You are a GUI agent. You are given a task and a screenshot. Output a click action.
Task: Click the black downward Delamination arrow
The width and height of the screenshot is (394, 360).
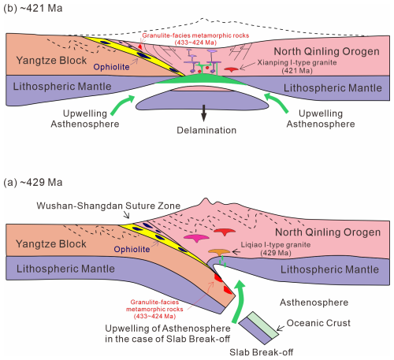pyautogui.click(x=204, y=113)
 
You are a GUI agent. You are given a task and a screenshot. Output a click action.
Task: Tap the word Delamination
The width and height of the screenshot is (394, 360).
pyautogui.click(x=206, y=130)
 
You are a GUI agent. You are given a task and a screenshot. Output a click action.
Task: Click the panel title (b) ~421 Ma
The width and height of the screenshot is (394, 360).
pyautogui.click(x=33, y=8)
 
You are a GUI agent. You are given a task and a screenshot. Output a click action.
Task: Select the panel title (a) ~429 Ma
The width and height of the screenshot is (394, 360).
pyautogui.click(x=33, y=182)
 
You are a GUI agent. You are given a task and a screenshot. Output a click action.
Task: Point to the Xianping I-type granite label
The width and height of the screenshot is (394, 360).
pyautogui.click(x=297, y=66)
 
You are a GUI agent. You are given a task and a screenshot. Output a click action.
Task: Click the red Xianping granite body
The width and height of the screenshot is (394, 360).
pyautogui.click(x=232, y=69)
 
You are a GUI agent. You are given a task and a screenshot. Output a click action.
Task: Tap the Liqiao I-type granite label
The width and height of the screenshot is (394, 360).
pyautogui.click(x=276, y=249)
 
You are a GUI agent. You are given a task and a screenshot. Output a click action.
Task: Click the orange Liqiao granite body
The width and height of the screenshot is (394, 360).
pyautogui.click(x=219, y=252)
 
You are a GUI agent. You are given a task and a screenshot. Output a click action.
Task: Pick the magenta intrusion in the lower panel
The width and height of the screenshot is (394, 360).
pyautogui.click(x=196, y=238)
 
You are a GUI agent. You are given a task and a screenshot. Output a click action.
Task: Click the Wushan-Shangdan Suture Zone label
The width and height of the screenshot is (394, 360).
pyautogui.click(x=109, y=206)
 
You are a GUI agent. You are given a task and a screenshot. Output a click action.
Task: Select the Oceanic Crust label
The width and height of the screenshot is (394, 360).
pyautogui.click(x=318, y=323)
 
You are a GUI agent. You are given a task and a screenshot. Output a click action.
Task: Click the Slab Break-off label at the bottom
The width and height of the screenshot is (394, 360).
pyautogui.click(x=261, y=352)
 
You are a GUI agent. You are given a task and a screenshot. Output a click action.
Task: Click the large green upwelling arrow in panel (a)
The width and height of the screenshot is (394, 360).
pyautogui.click(x=239, y=301)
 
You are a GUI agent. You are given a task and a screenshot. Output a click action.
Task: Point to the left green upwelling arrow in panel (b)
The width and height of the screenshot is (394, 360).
pyautogui.click(x=121, y=104)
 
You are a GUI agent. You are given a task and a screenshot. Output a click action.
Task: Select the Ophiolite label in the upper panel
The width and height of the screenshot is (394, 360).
pyautogui.click(x=111, y=67)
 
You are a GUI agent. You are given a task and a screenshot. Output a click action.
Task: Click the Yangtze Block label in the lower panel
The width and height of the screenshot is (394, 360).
pyautogui.click(x=51, y=244)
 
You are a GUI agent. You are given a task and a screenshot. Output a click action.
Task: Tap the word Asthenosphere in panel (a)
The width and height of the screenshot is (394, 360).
pyautogui.click(x=314, y=302)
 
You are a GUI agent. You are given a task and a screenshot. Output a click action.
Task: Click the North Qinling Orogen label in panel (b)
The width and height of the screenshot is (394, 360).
pyautogui.click(x=326, y=51)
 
